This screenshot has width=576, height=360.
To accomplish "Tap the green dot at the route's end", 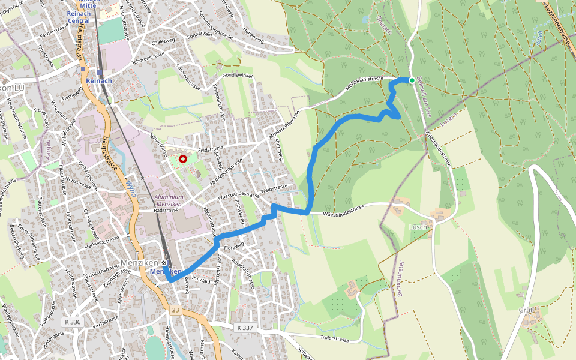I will (412, 80).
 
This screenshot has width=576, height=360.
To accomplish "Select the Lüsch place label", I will (419, 226).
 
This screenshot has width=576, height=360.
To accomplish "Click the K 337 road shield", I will (245, 328).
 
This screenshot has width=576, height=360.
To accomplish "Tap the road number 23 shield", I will (175, 310).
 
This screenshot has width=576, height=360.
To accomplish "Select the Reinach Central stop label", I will (79, 17).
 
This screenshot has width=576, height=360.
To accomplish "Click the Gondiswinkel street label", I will (238, 76).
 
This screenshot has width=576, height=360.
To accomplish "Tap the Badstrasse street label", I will (166, 211).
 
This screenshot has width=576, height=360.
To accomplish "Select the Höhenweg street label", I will (253, 37).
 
